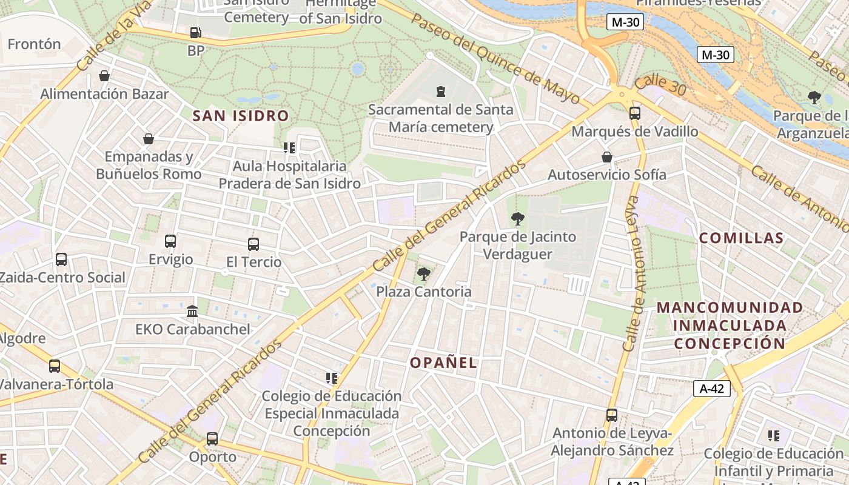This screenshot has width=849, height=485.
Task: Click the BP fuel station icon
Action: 195,33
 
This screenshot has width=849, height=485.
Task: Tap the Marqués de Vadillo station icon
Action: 635,113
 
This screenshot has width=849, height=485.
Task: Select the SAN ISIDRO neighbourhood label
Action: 241,116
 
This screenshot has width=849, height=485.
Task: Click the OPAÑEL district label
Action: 443,363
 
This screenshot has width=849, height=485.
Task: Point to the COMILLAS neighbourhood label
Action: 741,238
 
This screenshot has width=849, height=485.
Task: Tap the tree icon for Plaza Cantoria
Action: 424,274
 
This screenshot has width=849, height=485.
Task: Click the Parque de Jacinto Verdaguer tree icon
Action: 517,219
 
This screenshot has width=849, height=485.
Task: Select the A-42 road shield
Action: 712,389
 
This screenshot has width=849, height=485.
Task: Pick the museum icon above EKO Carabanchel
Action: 192,311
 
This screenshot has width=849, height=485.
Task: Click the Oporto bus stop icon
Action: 212,438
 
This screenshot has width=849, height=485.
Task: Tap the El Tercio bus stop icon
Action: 253,244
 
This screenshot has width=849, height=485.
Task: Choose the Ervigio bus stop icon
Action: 170,241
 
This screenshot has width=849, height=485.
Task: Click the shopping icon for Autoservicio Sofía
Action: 606,157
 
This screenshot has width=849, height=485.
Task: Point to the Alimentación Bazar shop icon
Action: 104,76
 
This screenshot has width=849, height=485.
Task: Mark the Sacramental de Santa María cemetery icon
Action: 441,92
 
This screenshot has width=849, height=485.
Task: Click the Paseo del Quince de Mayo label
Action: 496,58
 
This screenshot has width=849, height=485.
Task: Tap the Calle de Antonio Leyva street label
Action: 636,273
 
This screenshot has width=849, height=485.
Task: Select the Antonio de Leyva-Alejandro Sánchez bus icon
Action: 612,415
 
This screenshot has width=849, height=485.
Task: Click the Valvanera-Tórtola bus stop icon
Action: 55,366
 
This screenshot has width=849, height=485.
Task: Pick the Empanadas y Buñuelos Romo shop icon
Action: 149,139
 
